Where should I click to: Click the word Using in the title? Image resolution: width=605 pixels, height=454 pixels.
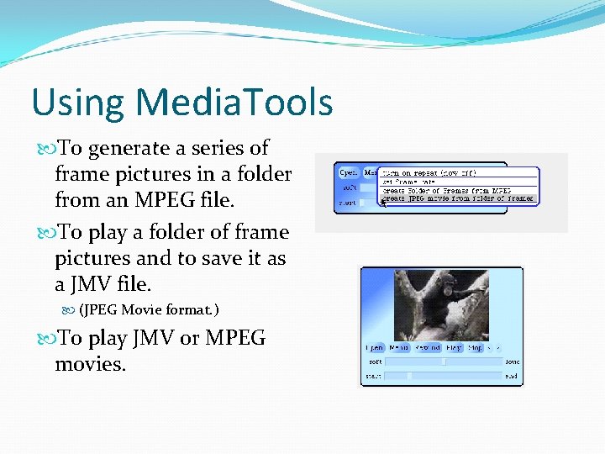tap(77, 103)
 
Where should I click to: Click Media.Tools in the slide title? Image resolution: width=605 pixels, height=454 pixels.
tap(234, 103)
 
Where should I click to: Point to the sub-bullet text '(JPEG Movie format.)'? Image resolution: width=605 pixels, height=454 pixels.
tap(149, 309)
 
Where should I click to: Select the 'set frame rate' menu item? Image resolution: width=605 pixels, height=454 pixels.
tap(410, 182)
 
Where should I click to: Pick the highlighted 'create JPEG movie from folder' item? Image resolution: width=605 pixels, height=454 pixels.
tap(457, 199)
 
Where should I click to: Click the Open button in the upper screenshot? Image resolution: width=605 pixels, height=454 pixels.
tap(348, 172)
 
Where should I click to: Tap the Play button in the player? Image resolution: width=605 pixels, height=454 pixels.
tap(454, 346)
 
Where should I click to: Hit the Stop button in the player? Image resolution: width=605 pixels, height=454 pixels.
tap(475, 346)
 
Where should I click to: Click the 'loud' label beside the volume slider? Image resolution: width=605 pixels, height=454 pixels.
tap(512, 362)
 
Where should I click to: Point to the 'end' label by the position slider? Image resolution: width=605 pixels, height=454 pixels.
tap(512, 377)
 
